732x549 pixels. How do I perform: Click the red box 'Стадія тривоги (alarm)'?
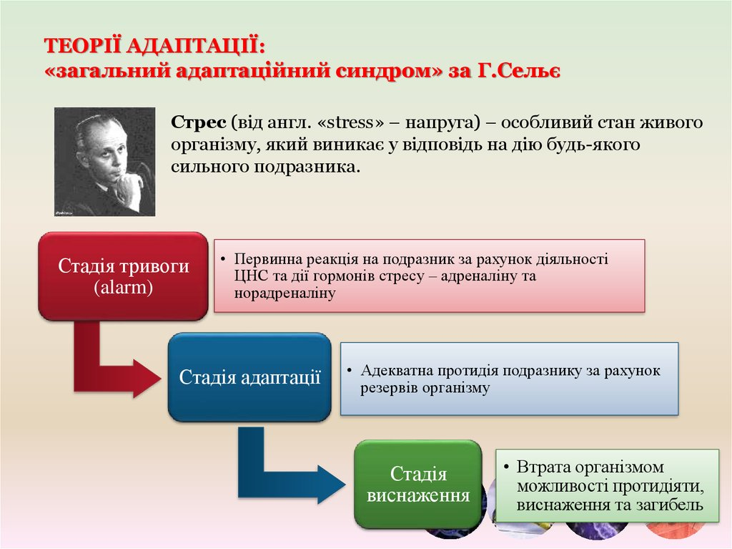123,276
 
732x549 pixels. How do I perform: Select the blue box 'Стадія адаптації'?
249,377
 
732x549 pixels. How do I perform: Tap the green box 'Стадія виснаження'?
417,485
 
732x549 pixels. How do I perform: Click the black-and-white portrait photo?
104,162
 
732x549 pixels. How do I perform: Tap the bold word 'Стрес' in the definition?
199,122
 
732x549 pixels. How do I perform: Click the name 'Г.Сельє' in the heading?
519,71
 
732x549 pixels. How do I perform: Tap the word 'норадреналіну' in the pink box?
285,293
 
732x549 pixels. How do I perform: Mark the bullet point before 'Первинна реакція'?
223,259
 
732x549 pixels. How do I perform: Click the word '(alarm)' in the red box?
123,287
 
